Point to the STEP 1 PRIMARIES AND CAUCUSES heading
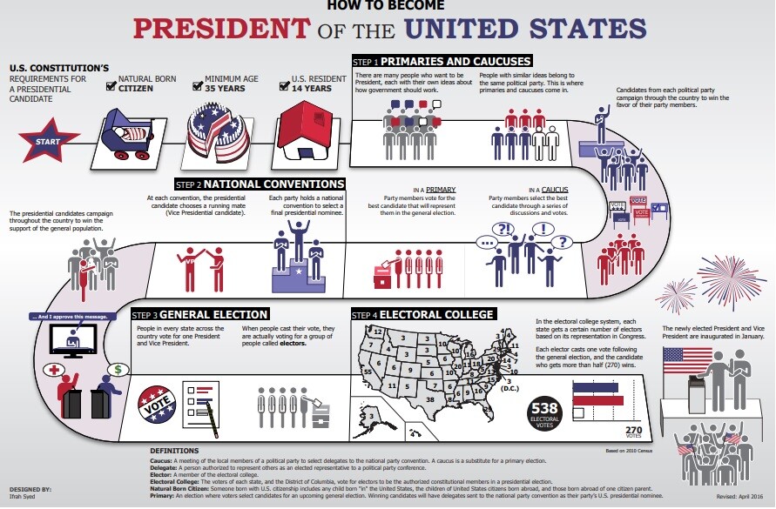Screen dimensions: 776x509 click(441, 62)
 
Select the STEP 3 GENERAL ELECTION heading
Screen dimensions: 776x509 click(199, 314)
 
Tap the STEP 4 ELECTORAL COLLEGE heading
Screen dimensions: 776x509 click(422, 314)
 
